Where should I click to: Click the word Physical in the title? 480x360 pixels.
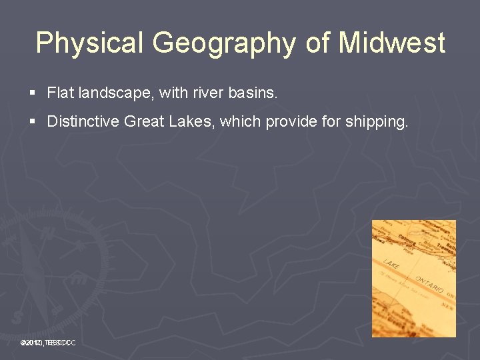[x=89, y=43]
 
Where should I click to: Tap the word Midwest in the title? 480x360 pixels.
[x=392, y=43]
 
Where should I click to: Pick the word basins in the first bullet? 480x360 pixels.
[x=252, y=93]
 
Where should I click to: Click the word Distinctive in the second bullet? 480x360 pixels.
[x=83, y=122]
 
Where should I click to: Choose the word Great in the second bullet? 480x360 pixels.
[x=142, y=122]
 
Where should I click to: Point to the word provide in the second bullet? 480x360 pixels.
[x=291, y=123]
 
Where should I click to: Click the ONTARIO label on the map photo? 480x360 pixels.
[x=429, y=283]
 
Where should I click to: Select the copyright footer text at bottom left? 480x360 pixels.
[x=47, y=343]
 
